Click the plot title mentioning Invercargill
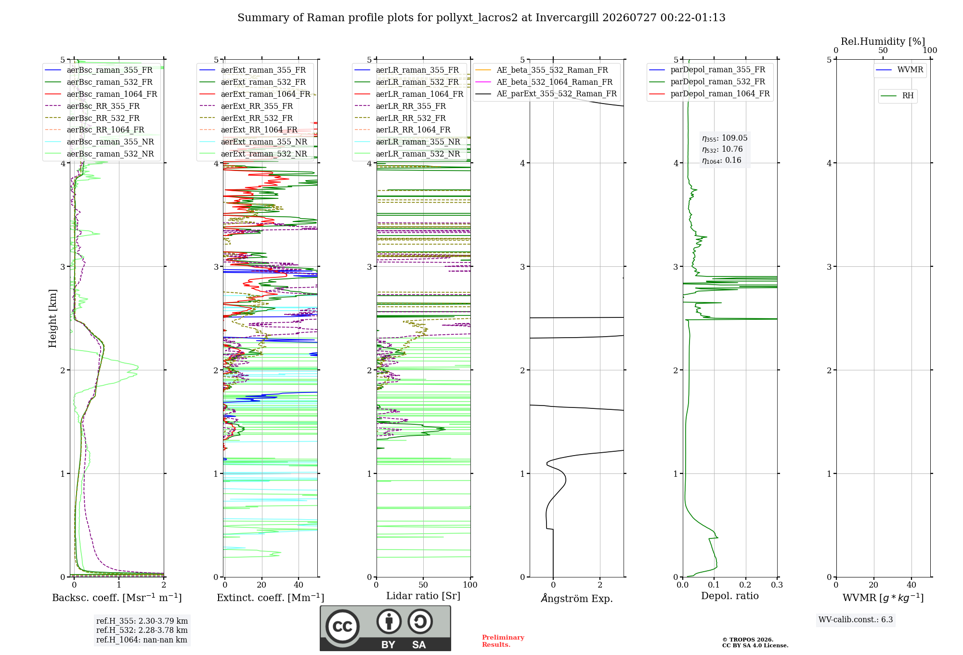(481, 18)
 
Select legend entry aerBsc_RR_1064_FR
(105, 130)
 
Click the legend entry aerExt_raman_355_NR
(264, 142)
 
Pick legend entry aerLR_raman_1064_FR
(419, 94)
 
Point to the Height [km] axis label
(52, 318)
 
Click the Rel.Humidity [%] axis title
(883, 41)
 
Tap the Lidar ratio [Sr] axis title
(423, 596)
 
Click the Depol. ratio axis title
(730, 596)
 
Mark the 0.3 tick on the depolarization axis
(777, 585)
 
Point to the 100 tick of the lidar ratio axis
(470, 585)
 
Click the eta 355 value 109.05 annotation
(725, 138)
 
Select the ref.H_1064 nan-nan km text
(142, 640)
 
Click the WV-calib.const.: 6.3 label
(856, 620)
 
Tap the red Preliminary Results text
(503, 641)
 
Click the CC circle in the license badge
(342, 627)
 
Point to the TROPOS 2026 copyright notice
(755, 642)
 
